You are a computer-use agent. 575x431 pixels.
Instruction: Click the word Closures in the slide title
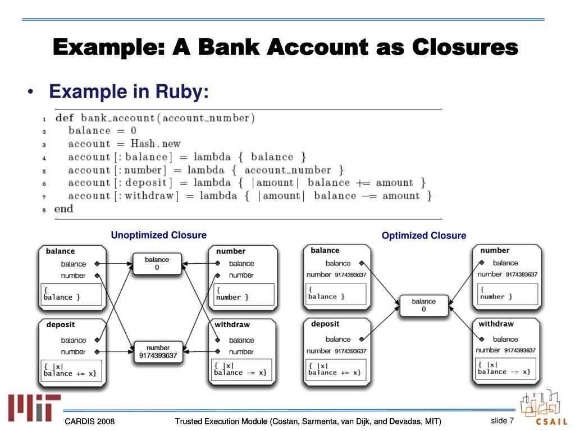465,47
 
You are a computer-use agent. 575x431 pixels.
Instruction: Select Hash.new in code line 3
156,143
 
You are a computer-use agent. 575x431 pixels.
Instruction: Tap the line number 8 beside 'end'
44,210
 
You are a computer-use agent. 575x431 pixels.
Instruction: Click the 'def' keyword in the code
64,118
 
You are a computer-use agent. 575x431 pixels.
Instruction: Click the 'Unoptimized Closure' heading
159,235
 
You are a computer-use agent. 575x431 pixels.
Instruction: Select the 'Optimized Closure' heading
424,235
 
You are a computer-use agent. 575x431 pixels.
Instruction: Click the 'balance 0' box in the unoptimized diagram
157,264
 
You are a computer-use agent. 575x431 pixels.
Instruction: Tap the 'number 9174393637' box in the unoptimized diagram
158,352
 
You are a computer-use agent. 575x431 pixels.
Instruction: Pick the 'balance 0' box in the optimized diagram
423,305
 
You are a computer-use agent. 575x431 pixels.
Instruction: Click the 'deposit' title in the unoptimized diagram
61,325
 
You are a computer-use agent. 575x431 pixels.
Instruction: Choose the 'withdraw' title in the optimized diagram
496,324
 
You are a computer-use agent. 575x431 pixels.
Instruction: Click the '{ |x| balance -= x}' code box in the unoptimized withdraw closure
243,369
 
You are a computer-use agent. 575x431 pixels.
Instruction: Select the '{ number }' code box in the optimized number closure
508,294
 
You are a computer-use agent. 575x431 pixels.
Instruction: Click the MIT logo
34,407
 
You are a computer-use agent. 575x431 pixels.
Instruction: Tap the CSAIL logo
544,407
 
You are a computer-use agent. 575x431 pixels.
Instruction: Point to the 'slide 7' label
503,420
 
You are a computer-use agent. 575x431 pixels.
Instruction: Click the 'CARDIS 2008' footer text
89,421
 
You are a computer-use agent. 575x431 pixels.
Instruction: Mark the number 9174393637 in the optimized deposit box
350,351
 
